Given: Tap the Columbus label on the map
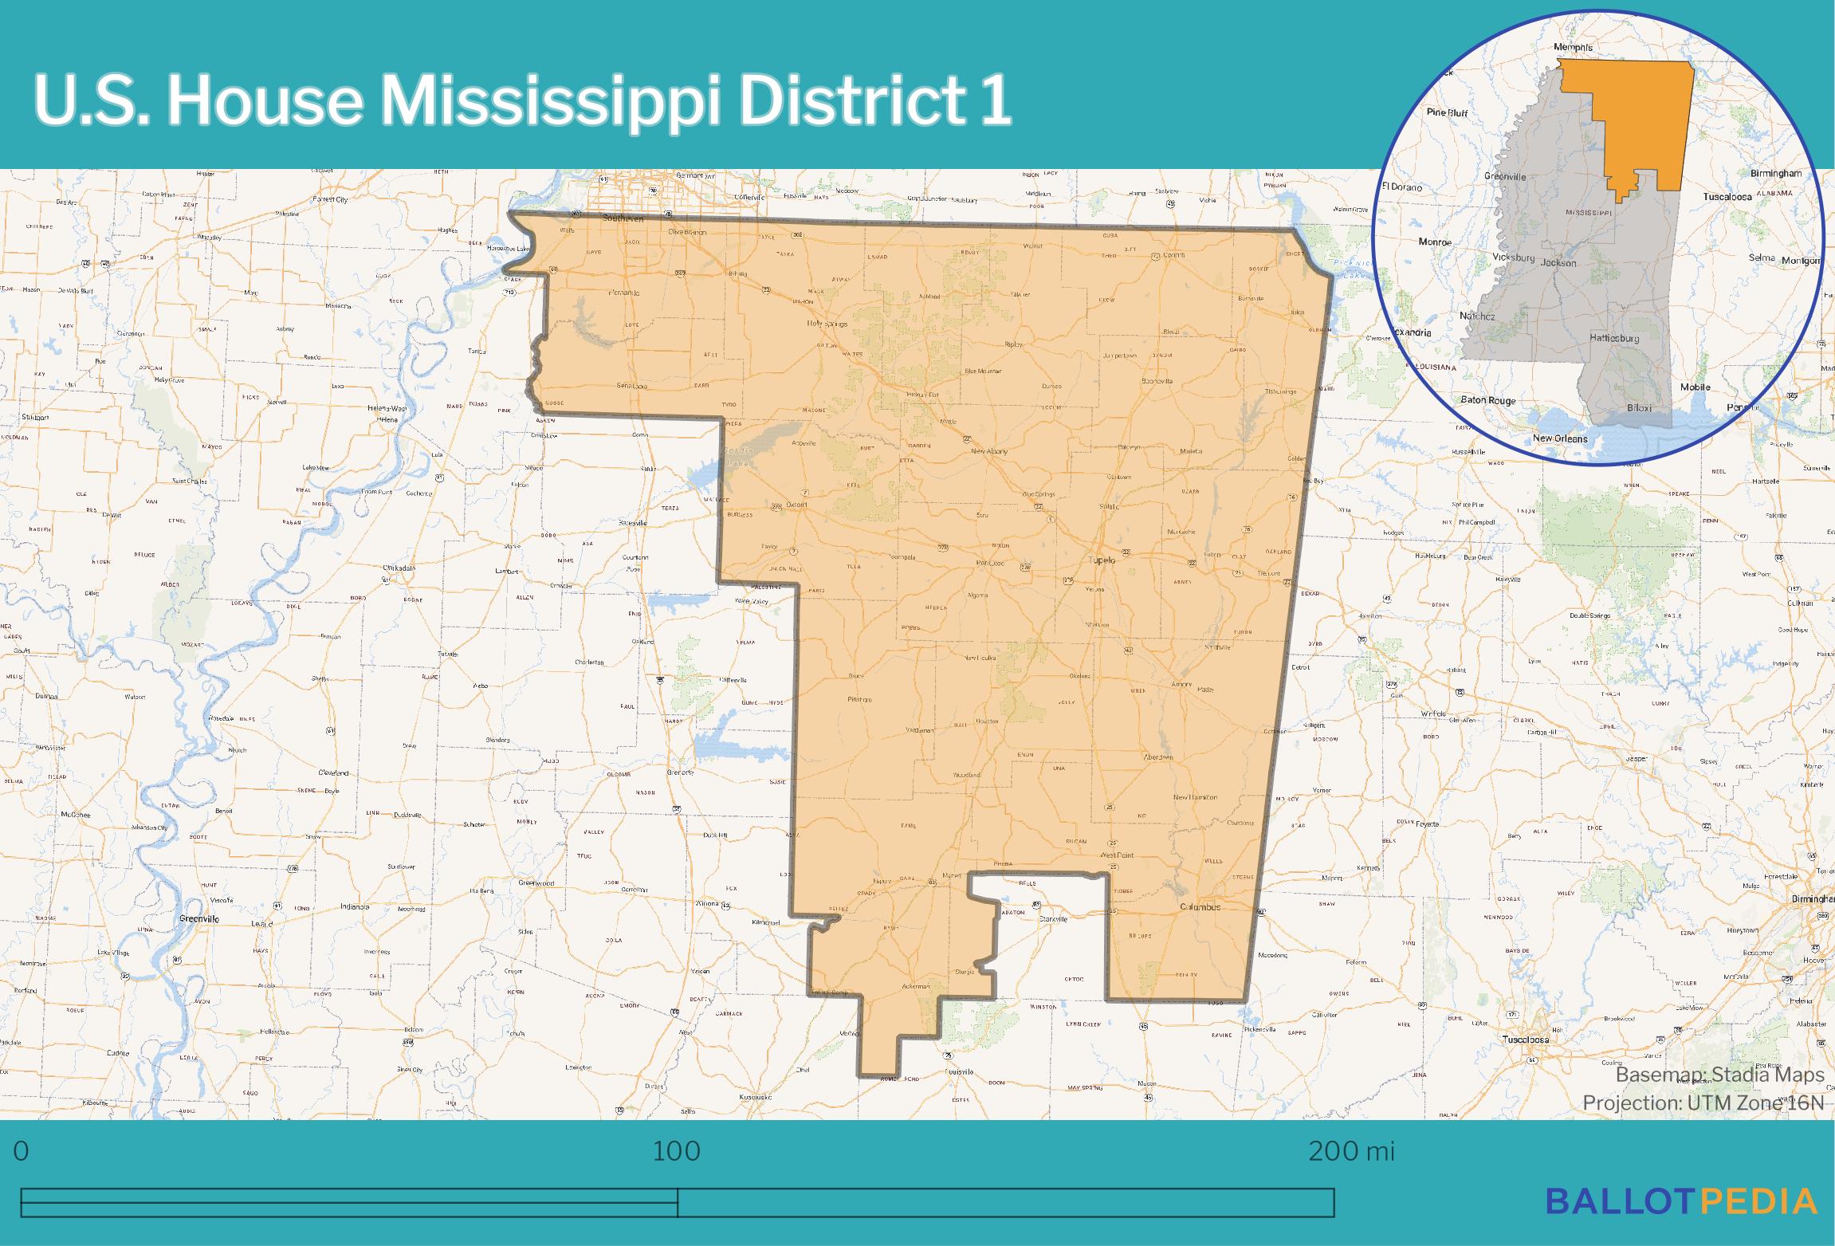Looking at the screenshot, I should (1200, 906).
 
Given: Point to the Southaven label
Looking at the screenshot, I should (623, 218).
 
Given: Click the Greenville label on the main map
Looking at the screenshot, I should (199, 918).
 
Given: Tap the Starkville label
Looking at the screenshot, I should (1053, 919).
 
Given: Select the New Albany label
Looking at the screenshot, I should (989, 451).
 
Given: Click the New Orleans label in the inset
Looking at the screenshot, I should (1560, 438).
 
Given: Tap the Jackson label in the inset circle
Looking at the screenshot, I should (1558, 262).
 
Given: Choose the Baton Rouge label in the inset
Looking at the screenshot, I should (1488, 400).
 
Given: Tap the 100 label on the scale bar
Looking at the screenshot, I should (677, 1151).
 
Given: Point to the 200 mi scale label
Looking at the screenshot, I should (1351, 1151).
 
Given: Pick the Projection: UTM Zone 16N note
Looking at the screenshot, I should (1703, 1103).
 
